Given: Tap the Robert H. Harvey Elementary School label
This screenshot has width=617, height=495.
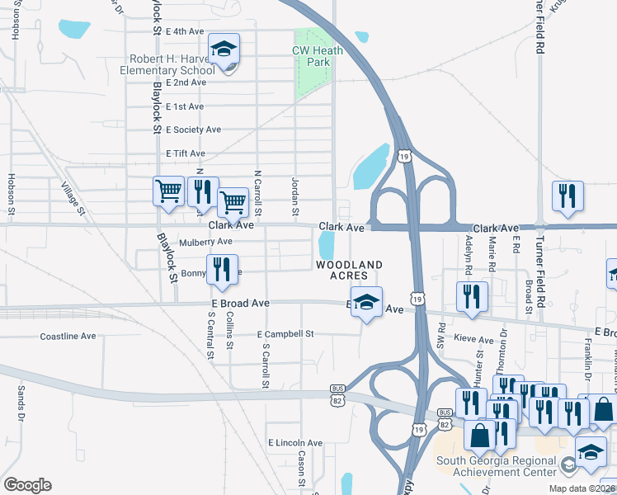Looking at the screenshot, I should coord(172,64).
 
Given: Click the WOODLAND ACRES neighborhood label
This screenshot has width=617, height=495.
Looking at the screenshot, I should coord(349,270).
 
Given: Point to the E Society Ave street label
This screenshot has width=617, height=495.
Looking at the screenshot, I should coord(193,130).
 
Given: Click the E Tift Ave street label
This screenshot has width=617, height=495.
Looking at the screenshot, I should coord(185,153).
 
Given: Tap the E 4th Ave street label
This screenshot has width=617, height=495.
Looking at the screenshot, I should coord(184,31).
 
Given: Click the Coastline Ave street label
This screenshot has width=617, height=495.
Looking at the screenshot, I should coord(68,336).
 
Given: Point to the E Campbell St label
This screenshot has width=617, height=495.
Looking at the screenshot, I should coord(285,334).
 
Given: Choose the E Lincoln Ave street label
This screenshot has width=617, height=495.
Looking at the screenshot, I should coord(294,443).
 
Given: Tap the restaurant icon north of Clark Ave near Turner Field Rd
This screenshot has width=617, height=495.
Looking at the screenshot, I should coord(568,196).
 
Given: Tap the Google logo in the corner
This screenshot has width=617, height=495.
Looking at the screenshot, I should coord(27,485).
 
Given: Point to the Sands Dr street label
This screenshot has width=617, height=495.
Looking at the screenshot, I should coord(20,399).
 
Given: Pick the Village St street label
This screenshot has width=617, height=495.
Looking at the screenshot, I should coord(73,197).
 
